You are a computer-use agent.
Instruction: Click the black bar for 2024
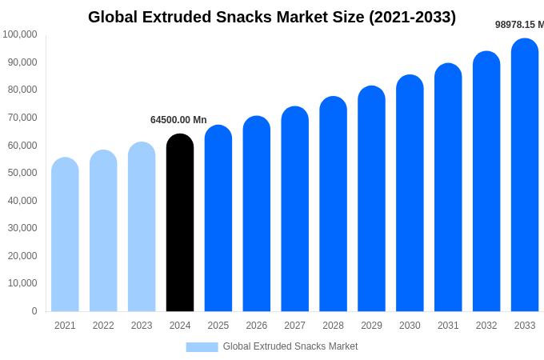[x=180, y=223]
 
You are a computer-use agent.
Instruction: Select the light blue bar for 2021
[x=65, y=235]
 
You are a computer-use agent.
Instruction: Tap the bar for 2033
[x=525, y=176]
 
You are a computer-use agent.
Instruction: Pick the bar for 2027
[x=294, y=210]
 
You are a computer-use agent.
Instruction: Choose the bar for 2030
[x=410, y=194]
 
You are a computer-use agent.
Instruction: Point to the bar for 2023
[x=142, y=227]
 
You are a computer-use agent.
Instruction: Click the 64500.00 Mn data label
[x=178, y=120]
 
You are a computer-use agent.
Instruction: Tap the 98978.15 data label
[x=518, y=25]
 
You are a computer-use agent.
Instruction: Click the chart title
[x=272, y=17]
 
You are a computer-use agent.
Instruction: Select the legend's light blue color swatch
[x=202, y=346]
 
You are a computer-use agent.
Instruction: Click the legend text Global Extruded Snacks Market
[x=290, y=346]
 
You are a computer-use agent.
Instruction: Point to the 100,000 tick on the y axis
[x=20, y=34]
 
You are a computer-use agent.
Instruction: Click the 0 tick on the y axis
[x=34, y=311]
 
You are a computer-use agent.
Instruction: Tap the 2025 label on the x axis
[x=218, y=326]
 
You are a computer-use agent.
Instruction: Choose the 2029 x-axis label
[x=371, y=326]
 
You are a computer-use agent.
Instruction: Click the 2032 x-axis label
[x=486, y=326]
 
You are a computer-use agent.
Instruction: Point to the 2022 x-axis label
[x=103, y=326]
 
